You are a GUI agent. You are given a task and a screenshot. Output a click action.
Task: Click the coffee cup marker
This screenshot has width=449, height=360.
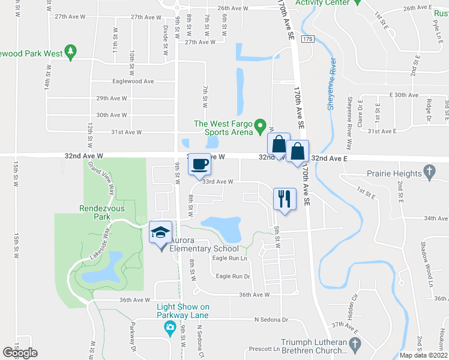coord(200,163)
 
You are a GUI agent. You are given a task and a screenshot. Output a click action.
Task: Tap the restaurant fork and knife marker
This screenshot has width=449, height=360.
coord(283,199)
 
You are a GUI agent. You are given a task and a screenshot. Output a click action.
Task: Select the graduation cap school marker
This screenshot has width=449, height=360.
coord(160,233)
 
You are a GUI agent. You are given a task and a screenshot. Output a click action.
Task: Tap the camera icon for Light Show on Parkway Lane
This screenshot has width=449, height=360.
coord(170,328)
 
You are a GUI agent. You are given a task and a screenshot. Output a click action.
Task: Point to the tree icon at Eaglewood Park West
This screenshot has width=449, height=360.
coord(71,53)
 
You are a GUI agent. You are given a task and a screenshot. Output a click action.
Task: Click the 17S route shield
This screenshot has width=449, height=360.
coord(308,39)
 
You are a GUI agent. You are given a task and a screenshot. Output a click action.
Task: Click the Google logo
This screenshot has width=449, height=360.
coord(20,353)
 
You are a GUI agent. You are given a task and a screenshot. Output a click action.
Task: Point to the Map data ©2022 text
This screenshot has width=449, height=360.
coord(423,355)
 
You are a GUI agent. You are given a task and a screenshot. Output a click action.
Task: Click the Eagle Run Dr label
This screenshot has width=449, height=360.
coord(232,276)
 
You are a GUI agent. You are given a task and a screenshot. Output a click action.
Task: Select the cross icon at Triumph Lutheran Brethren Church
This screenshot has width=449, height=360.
coord(354,344)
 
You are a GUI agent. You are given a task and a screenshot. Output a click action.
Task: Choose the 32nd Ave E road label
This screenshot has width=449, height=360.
coord(329,158)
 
